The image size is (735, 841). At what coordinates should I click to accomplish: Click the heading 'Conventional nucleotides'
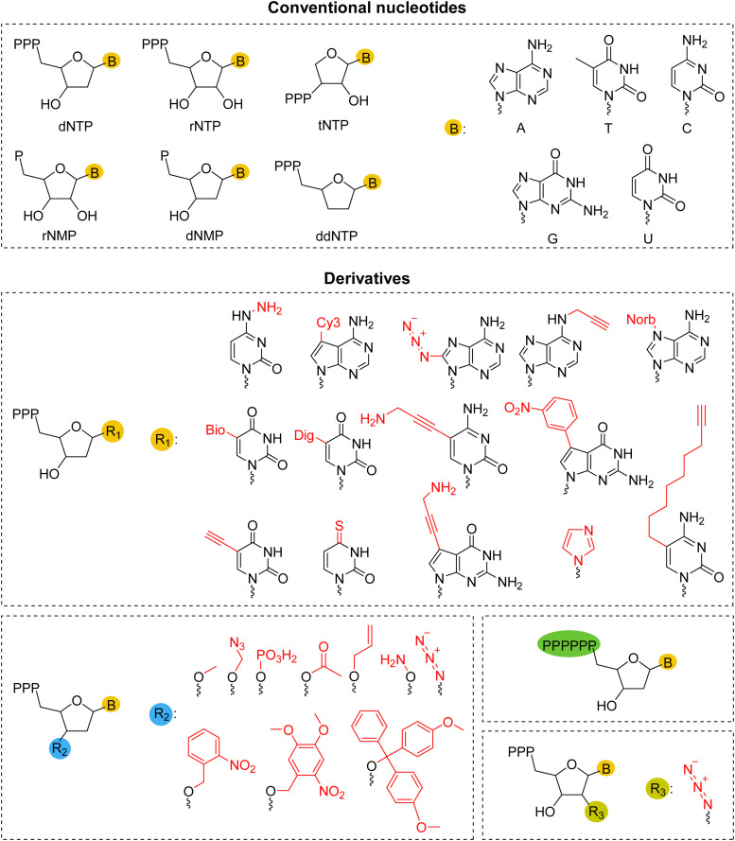[x=367, y=10]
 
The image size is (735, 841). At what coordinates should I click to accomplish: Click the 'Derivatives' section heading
[x=367, y=279]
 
